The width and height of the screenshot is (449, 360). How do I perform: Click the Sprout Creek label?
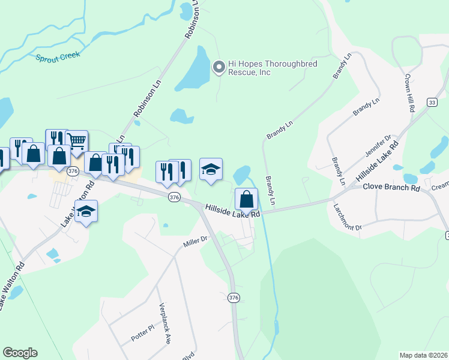pyautogui.click(x=58, y=58)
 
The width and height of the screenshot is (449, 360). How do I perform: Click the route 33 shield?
pyautogui.click(x=432, y=103)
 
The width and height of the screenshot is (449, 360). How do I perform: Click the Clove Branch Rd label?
pyautogui.click(x=391, y=187)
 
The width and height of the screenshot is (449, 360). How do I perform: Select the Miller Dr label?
pyautogui.click(x=195, y=241)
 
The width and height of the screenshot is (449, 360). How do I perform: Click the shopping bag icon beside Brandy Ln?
pyautogui.click(x=246, y=199)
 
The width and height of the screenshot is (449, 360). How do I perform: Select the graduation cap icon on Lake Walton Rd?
pyautogui.click(x=86, y=211)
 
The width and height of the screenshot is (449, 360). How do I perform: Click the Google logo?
pyautogui.click(x=20, y=353)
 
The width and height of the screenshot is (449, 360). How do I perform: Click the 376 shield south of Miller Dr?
pyautogui.click(x=234, y=298)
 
